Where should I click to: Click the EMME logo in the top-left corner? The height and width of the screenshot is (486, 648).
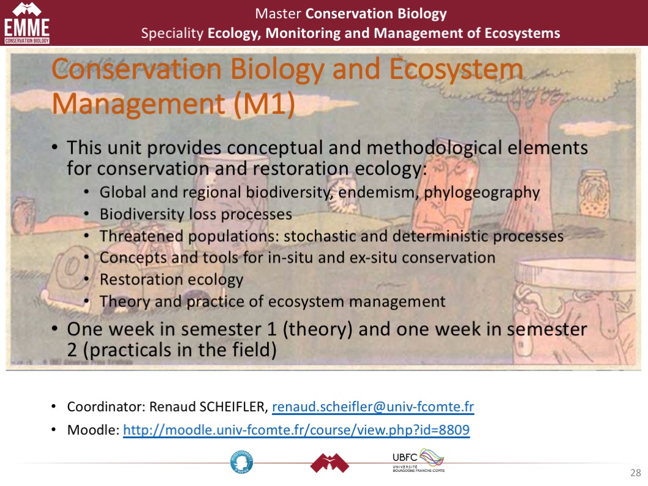(27, 23)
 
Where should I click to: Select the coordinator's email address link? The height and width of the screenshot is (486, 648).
(373, 406)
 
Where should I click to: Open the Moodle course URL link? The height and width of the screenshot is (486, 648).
(296, 430)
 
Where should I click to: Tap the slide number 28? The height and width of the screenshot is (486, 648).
(636, 473)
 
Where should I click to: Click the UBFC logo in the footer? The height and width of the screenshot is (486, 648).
(418, 460)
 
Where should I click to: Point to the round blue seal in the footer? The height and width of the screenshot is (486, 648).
(242, 462)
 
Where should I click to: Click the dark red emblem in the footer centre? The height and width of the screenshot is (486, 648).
(330, 463)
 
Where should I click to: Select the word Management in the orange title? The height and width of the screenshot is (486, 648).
(138, 103)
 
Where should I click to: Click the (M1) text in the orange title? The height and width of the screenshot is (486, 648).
(265, 103)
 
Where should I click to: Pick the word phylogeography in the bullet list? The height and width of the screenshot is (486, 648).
(482, 193)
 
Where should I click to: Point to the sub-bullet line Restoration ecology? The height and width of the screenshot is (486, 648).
(171, 280)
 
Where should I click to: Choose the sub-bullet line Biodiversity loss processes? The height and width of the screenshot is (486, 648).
(196, 214)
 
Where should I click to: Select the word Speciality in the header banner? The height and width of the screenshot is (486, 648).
(172, 34)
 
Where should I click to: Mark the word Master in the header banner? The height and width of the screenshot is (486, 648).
(277, 13)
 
